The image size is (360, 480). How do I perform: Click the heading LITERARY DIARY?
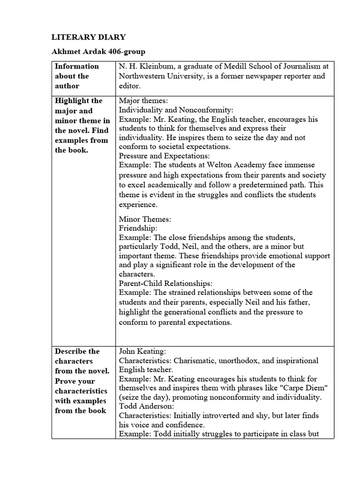point(88,37)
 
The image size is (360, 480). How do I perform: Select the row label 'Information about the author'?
point(77,76)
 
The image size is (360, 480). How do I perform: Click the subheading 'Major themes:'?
point(141,101)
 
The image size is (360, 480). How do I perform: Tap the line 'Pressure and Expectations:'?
point(164,155)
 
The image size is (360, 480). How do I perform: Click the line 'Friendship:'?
point(138,228)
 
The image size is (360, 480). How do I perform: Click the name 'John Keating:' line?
point(140,351)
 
